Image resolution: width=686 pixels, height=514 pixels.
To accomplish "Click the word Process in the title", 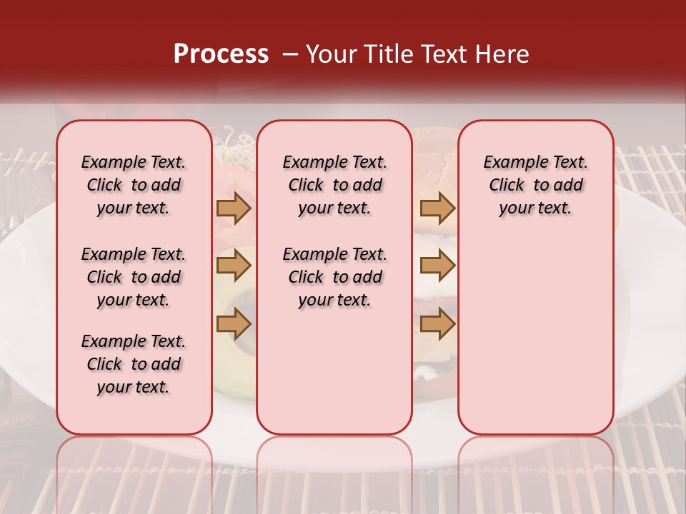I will (x=221, y=54).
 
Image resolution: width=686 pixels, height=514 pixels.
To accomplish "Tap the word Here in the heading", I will (x=503, y=54).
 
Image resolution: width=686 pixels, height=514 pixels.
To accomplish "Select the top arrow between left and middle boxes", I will (x=234, y=208).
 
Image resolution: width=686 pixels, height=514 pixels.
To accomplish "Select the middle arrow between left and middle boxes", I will (x=234, y=266).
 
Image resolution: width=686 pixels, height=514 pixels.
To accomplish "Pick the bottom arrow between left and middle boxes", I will (x=234, y=324).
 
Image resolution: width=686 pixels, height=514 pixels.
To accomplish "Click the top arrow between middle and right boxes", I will (x=437, y=208).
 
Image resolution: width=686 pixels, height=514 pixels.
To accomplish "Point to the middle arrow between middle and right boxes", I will (x=437, y=266).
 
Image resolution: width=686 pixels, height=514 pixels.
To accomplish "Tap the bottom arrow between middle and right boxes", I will (x=437, y=324).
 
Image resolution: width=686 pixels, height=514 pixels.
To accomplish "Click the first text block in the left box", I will (x=134, y=185).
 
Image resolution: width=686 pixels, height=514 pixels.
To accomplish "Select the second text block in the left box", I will (x=134, y=277).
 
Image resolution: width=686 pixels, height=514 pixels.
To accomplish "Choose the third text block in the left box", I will (x=134, y=364).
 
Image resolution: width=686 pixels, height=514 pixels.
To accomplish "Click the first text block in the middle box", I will (x=334, y=185).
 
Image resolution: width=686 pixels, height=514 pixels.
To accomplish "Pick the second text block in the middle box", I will (x=334, y=277).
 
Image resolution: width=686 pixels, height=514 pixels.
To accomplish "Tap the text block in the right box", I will (x=535, y=185).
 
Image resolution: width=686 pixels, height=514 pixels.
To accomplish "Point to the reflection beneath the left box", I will (x=134, y=471).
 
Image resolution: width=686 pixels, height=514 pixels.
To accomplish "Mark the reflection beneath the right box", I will (x=535, y=471).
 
